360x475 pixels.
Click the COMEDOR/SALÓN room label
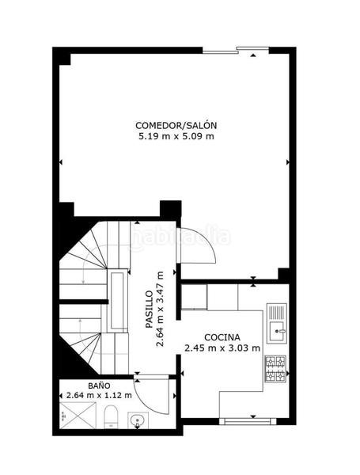176,125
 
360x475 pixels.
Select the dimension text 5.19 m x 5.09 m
176,136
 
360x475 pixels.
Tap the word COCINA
222,336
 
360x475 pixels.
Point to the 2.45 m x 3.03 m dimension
222,348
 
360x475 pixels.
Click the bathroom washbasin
138,420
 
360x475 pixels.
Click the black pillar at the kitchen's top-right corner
283,274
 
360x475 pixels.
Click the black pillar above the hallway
170,209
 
